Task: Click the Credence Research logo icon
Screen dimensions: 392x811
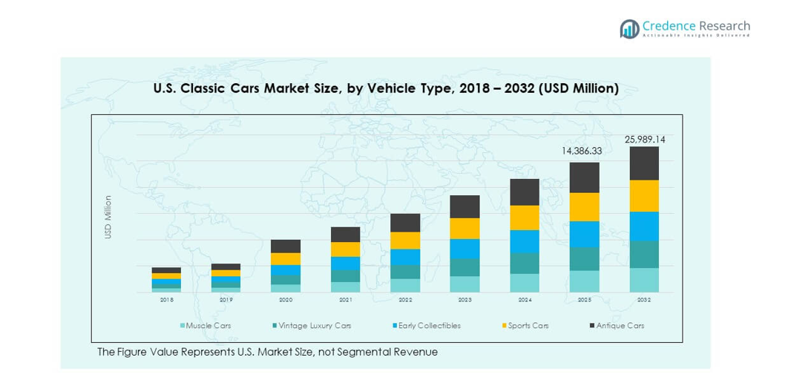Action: tap(630, 29)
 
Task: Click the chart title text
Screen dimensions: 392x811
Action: tap(386, 88)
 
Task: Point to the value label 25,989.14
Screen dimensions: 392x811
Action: tap(645, 139)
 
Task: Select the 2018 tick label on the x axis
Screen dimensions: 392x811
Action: tap(166, 299)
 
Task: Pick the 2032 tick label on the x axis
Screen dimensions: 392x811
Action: tap(644, 299)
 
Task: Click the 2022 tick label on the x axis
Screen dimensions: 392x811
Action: tap(405, 299)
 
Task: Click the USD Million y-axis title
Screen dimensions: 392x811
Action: tap(108, 217)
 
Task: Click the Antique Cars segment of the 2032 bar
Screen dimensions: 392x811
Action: tap(644, 163)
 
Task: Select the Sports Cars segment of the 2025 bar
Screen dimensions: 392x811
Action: tap(585, 207)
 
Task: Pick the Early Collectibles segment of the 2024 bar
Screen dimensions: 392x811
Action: tap(525, 241)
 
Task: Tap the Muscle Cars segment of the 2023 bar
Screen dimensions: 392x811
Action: tap(465, 284)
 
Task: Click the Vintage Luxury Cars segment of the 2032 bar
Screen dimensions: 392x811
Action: tap(644, 254)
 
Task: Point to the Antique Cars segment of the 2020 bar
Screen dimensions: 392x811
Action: tap(286, 246)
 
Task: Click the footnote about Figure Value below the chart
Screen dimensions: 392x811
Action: tap(267, 352)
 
